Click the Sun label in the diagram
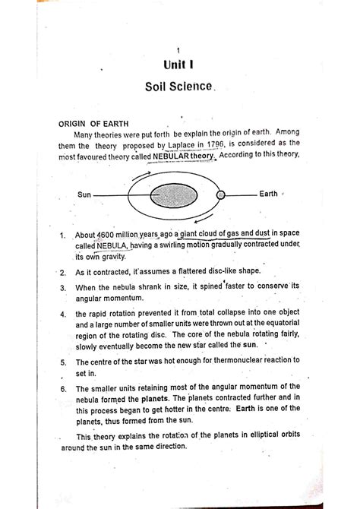pos(84,195)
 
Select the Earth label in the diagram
pos(269,194)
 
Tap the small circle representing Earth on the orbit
pos(222,195)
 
